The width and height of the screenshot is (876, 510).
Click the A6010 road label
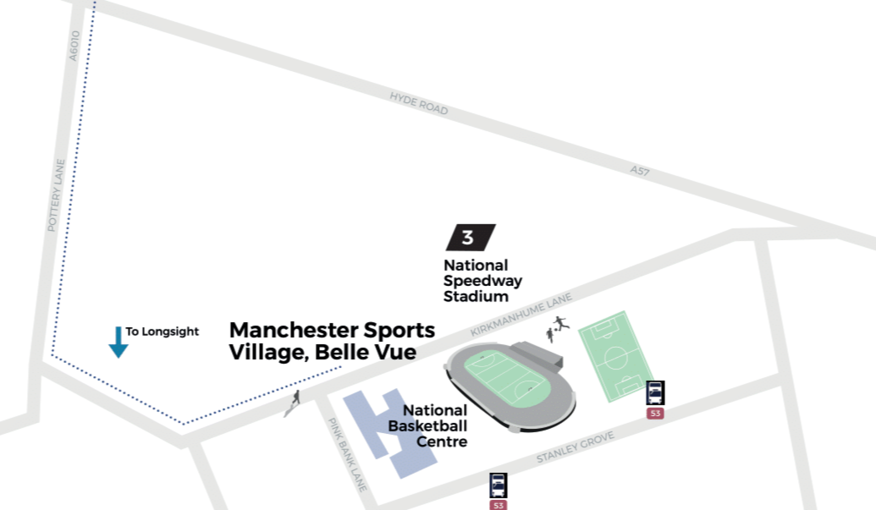[x=74, y=46]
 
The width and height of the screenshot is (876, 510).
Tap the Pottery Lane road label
[x=56, y=195]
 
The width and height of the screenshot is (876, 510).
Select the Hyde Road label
[x=419, y=103]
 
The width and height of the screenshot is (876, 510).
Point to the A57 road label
[x=640, y=171]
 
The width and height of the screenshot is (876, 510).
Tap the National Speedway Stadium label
[x=482, y=280]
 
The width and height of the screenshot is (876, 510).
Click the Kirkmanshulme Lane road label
[x=521, y=314]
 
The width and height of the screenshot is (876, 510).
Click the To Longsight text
[x=162, y=332]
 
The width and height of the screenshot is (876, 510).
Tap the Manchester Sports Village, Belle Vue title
[x=331, y=341]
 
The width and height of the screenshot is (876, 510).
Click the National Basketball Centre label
[x=428, y=426]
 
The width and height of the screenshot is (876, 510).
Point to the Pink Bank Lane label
[x=347, y=455]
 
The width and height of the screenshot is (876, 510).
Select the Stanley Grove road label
[x=575, y=447]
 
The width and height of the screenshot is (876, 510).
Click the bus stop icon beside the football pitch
[x=655, y=393]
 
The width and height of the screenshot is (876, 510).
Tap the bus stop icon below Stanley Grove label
[x=498, y=485]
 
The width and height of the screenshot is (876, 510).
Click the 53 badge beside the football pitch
[x=655, y=413]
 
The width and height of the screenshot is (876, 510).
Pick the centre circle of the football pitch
[x=616, y=357]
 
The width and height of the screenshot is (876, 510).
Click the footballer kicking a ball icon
[x=561, y=323]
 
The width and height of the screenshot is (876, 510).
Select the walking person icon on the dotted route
[x=294, y=401]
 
